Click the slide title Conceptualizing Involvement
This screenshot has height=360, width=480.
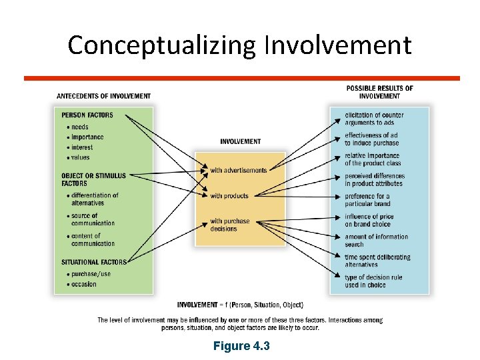point(239,45)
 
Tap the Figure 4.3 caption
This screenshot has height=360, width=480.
point(241,346)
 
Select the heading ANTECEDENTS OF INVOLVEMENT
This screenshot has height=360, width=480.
point(103,96)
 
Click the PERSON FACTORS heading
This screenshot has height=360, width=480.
point(87,115)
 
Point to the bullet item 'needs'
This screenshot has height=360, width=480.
point(80,127)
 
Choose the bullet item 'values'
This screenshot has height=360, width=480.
point(81,157)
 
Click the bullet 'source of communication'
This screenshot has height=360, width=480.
point(93,219)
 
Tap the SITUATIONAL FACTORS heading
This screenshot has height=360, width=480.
point(93,262)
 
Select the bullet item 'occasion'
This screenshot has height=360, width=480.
point(83,284)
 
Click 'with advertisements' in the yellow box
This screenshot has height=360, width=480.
point(238,171)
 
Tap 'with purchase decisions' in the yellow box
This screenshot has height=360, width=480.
point(230,225)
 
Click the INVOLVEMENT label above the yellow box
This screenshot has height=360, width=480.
point(240,141)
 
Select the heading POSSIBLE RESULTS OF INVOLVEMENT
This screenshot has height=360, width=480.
point(379,92)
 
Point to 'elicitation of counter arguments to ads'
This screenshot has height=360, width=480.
point(374,119)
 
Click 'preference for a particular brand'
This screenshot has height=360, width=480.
point(367,200)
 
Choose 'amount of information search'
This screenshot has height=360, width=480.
point(376,241)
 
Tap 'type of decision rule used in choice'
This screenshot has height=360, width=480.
point(373,281)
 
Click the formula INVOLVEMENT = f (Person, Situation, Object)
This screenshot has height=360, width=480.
point(240,305)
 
